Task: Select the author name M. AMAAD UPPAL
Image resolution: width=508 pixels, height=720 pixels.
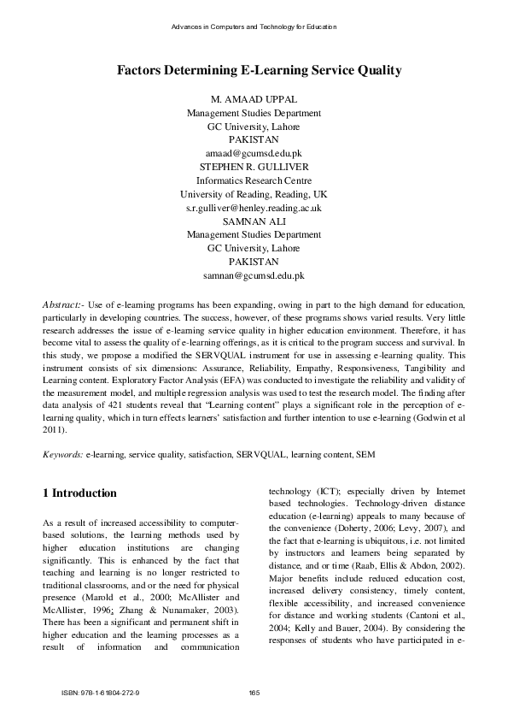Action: pos(254,98)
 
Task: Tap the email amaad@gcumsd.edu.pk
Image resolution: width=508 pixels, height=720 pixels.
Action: pos(254,153)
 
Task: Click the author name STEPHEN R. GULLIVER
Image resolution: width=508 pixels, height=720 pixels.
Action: pos(254,167)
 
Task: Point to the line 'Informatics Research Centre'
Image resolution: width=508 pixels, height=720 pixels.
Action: pos(254,180)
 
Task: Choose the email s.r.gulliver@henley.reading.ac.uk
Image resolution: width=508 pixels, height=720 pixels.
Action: pos(254,208)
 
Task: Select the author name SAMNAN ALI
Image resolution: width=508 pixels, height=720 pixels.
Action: pos(254,221)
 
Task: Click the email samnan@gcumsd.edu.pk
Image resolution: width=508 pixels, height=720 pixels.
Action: pos(254,276)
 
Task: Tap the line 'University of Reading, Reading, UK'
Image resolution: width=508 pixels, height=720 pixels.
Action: pos(254,194)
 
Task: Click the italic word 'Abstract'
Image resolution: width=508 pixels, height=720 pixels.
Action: pos(61,304)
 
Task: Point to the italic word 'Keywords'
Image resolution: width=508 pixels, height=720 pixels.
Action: pos(62,455)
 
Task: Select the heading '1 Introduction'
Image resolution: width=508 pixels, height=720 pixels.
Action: pos(79,493)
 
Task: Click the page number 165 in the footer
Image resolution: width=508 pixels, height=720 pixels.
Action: pos(254,692)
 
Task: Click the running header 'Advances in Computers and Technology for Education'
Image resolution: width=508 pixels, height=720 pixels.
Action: pos(254,27)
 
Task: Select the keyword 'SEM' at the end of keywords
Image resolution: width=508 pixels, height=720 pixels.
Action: pos(366,455)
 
